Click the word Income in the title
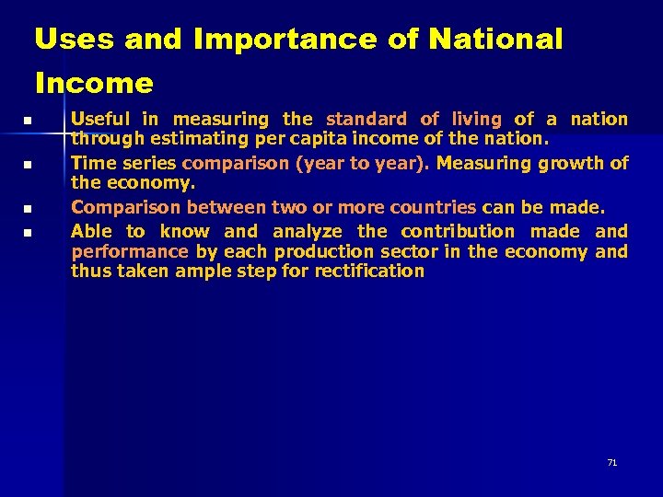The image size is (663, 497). click(x=94, y=84)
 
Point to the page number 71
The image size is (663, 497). click(x=611, y=462)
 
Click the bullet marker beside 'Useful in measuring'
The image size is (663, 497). click(x=28, y=121)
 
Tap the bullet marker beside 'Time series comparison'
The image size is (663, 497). click(x=28, y=165)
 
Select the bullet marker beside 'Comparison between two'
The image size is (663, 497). click(x=28, y=209)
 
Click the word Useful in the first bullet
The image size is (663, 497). click(x=100, y=119)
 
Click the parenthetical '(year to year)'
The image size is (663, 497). click(x=373, y=163)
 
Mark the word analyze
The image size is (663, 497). click(x=307, y=231)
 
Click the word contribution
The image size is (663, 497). click(x=458, y=231)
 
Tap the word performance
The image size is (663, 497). click(x=129, y=251)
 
